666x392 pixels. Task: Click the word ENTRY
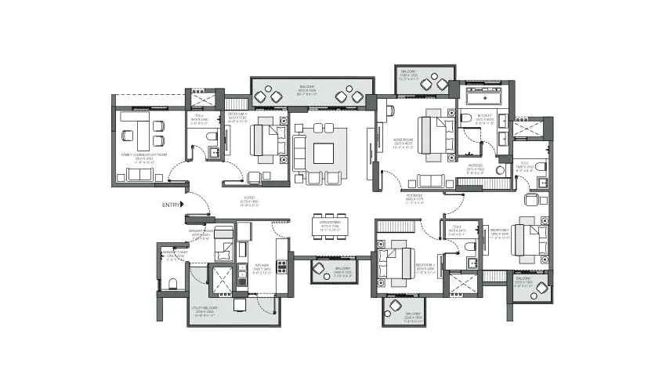click(170, 205)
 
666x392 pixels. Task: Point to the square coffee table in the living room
click(324, 153)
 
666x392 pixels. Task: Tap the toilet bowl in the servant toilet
click(172, 282)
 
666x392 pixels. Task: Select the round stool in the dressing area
click(499, 169)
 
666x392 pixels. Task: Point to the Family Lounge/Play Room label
click(140, 157)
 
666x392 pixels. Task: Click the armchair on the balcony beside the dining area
click(320, 269)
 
